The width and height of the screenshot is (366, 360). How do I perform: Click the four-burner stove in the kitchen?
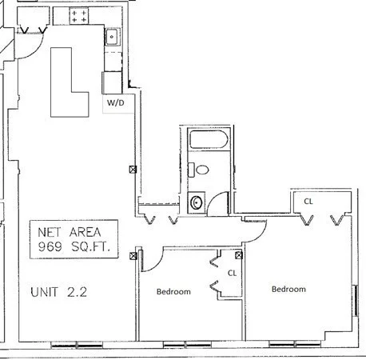[79, 17]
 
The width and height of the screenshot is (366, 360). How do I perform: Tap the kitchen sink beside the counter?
[113, 35]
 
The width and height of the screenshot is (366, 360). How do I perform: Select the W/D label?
[116, 104]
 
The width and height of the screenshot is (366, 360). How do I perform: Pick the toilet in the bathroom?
[203, 169]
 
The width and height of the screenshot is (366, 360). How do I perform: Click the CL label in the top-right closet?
[308, 202]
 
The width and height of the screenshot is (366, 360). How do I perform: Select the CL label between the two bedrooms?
[233, 273]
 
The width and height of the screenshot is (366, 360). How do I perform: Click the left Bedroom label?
[173, 292]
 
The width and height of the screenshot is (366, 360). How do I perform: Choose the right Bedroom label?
[288, 289]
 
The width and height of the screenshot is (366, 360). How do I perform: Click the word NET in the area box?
[52, 232]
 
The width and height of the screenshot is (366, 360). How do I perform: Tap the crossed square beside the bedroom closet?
[239, 255]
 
